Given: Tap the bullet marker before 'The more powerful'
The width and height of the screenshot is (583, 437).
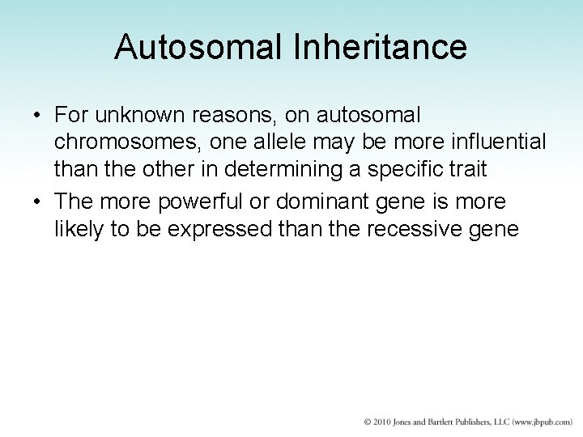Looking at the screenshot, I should [x=39, y=201].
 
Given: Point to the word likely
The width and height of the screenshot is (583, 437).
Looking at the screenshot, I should [x=78, y=227].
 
